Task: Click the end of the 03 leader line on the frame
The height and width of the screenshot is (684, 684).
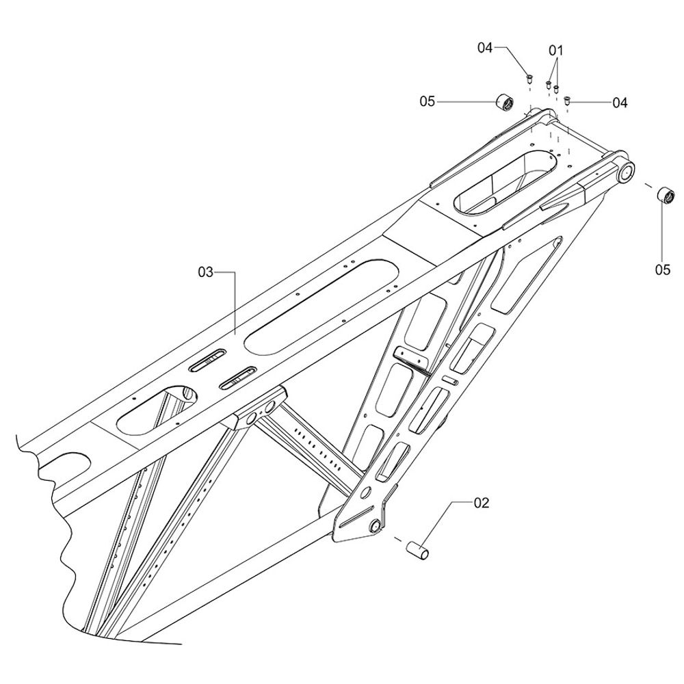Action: tap(235, 334)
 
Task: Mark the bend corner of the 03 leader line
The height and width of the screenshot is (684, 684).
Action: tap(235, 272)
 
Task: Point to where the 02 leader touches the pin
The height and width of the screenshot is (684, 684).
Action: tap(420, 544)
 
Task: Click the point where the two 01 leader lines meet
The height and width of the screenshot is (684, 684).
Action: tap(556, 60)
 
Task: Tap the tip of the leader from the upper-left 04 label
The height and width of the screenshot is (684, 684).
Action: tap(528, 75)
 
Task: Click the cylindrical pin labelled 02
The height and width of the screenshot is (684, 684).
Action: tap(417, 550)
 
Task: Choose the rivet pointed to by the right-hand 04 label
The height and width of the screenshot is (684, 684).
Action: tap(568, 101)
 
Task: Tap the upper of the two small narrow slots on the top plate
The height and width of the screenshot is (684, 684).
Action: tap(207, 360)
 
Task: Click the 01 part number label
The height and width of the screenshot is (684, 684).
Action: tap(555, 51)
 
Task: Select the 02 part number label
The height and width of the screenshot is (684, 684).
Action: tap(481, 503)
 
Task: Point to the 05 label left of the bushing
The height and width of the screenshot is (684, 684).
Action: tap(427, 102)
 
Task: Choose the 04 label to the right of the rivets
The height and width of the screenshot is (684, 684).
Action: tap(620, 103)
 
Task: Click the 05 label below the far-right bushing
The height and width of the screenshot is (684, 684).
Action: tap(662, 270)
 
